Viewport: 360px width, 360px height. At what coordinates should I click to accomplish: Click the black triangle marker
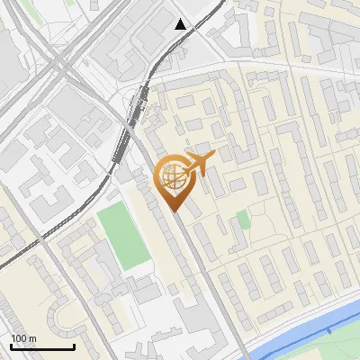point(181,24)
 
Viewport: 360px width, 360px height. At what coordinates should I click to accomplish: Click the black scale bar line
point(42,346)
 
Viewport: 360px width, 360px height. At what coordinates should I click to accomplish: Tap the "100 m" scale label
point(23,338)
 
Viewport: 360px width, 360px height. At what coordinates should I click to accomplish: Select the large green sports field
point(123,236)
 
